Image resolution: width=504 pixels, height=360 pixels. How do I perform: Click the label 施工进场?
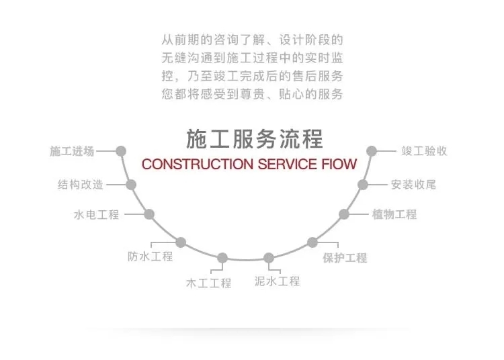pyautogui.click(x=72, y=151)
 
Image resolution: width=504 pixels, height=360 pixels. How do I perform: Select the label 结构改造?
pyautogui.click(x=81, y=185)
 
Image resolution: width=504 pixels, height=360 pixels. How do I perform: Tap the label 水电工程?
pyautogui.click(x=96, y=215)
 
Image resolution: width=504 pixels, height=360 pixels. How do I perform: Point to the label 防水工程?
pyautogui.click(x=151, y=256)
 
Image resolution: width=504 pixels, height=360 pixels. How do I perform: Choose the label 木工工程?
pyautogui.click(x=208, y=283)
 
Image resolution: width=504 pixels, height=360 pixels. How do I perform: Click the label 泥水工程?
pyautogui.click(x=278, y=281)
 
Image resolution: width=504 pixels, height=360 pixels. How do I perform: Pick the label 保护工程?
pyautogui.click(x=345, y=257)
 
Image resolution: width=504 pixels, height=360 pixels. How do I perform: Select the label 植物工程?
pyautogui.click(x=394, y=214)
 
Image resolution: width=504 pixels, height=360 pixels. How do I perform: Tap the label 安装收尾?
pyautogui.click(x=413, y=184)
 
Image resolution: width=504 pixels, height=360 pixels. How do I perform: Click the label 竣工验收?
pyautogui.click(x=424, y=151)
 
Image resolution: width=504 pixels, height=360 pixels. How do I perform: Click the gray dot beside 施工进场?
pyautogui.click(x=121, y=151)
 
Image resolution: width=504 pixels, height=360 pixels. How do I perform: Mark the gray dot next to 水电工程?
pyautogui.click(x=149, y=214)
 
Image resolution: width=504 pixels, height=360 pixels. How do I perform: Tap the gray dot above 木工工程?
pyautogui.click(x=222, y=258)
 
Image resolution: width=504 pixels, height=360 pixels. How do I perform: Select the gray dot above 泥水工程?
pyautogui.click(x=269, y=258)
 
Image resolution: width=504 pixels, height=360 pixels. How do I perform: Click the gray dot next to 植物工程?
pyautogui.click(x=344, y=214)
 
